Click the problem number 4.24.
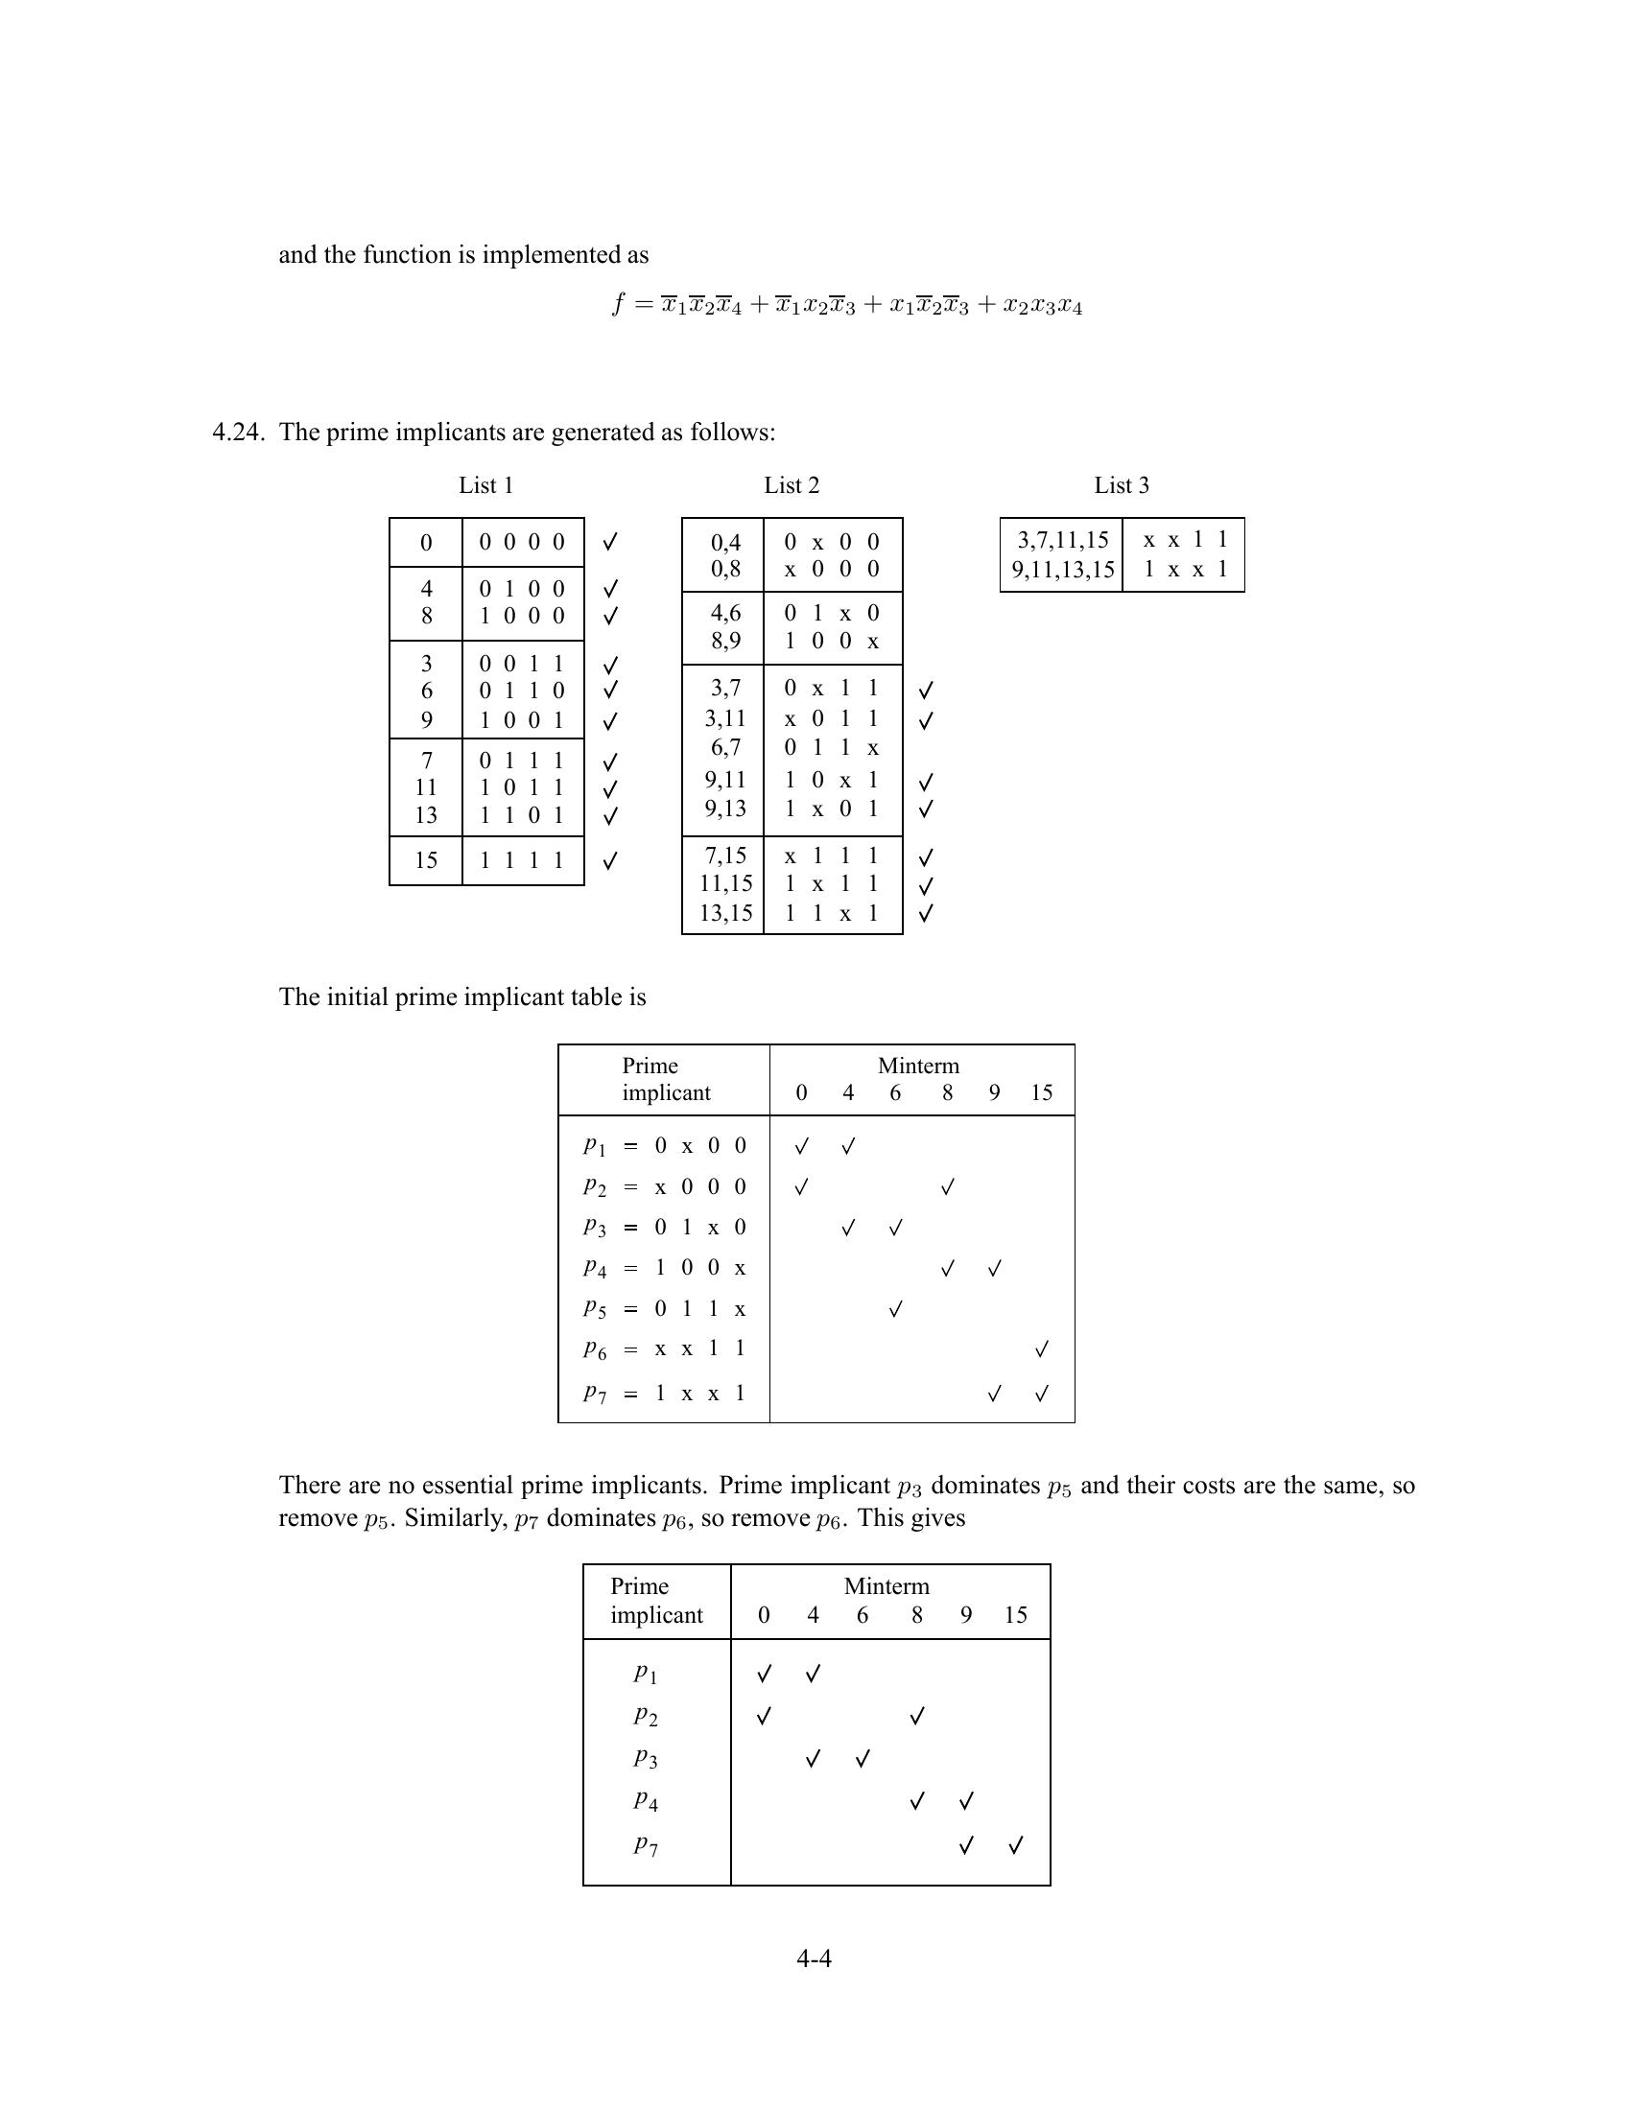pyautogui.click(x=238, y=432)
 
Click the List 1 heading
pyautogui.click(x=486, y=485)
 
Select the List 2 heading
pyautogui.click(x=792, y=485)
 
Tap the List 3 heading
pyautogui.click(x=1121, y=485)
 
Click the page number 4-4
pyautogui.click(x=814, y=1958)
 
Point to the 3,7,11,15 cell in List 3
pyautogui.click(x=1062, y=540)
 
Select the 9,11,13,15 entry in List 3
pyautogui.click(x=1062, y=569)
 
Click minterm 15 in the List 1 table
pyautogui.click(x=426, y=860)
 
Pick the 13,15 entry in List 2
pyautogui.click(x=725, y=912)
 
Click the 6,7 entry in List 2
pyautogui.click(x=725, y=747)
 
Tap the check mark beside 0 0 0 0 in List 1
pyautogui.click(x=609, y=542)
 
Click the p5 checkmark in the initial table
pyautogui.click(x=896, y=1309)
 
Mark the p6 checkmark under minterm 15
pyautogui.click(x=1042, y=1349)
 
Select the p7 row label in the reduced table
pyautogui.click(x=646, y=1844)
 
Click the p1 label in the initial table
pyautogui.click(x=594, y=1146)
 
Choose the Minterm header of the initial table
pyautogui.click(x=918, y=1066)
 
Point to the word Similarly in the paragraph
pyautogui.click(x=450, y=1518)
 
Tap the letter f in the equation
pyautogui.click(x=619, y=304)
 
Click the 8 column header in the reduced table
pyautogui.click(x=916, y=1614)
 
